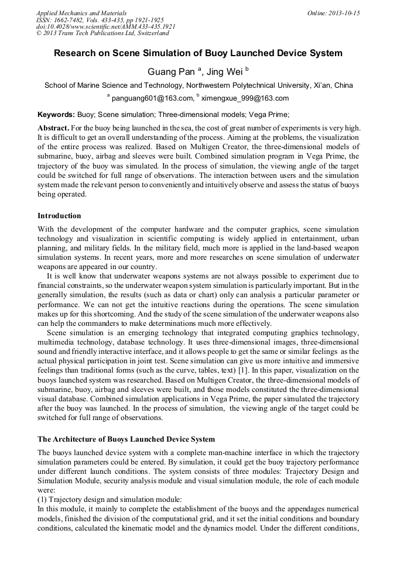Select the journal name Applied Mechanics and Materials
81,13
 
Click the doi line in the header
105,27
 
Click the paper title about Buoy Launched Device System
198,53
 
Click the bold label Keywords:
56,115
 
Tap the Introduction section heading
59,216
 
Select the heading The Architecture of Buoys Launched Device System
126,439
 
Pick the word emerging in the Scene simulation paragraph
131,333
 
